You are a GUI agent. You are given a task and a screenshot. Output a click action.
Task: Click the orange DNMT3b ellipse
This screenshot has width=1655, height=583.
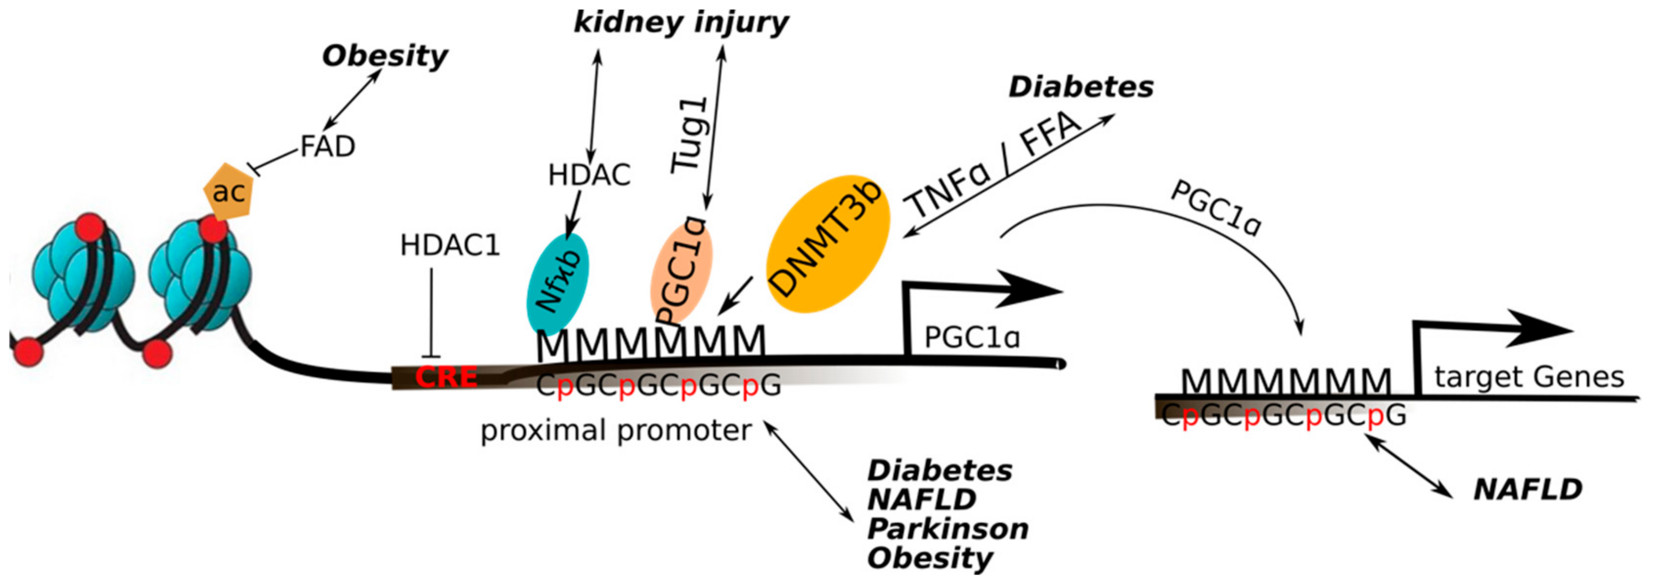(829, 244)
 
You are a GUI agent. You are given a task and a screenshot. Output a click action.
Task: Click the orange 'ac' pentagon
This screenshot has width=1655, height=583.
(227, 191)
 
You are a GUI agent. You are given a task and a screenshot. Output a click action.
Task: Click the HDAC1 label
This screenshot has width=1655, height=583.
(450, 245)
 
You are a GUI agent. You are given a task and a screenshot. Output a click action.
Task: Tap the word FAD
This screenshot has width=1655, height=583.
(328, 147)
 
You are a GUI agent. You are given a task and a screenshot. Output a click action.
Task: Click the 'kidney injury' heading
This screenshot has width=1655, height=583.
(681, 23)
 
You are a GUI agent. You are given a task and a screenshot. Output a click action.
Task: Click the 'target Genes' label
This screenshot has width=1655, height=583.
(1529, 377)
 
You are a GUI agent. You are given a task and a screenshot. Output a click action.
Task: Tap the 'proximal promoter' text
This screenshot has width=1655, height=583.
(616, 430)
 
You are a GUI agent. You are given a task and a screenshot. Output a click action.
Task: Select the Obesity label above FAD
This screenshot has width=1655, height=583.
(384, 57)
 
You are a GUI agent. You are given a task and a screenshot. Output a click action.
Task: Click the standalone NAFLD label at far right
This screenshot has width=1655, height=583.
(1528, 490)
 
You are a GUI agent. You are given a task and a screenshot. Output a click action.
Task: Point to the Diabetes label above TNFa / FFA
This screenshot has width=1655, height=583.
(1080, 87)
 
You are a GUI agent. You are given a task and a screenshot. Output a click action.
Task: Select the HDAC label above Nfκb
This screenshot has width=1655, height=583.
(589, 175)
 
